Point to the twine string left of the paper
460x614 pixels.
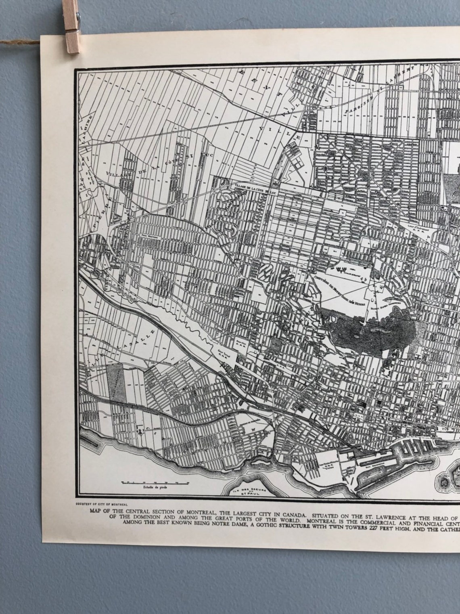(20, 42)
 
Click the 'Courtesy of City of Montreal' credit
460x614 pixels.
(101, 504)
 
